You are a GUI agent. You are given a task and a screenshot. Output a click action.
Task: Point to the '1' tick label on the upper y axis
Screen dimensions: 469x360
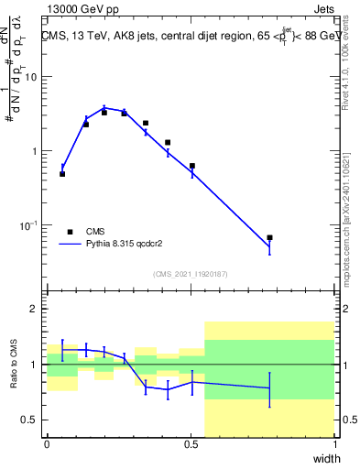(x=35, y=151)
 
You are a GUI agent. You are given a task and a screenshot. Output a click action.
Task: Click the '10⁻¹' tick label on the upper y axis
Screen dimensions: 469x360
(x=27, y=225)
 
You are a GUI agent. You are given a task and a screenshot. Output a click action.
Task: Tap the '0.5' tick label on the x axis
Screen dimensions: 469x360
(x=191, y=444)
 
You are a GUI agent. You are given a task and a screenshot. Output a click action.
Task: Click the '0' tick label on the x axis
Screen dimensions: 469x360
(x=48, y=444)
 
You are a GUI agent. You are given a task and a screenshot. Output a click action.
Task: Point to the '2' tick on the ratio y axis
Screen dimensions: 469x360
(x=35, y=309)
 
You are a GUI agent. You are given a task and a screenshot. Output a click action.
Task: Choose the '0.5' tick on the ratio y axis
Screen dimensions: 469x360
(x=29, y=420)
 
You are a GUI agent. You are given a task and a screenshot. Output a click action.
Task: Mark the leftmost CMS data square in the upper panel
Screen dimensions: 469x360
(x=62, y=173)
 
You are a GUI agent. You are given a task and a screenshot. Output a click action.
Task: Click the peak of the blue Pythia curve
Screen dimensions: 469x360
(x=104, y=107)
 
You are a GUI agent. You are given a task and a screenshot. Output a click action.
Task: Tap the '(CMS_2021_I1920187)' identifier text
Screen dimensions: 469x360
(x=191, y=273)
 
